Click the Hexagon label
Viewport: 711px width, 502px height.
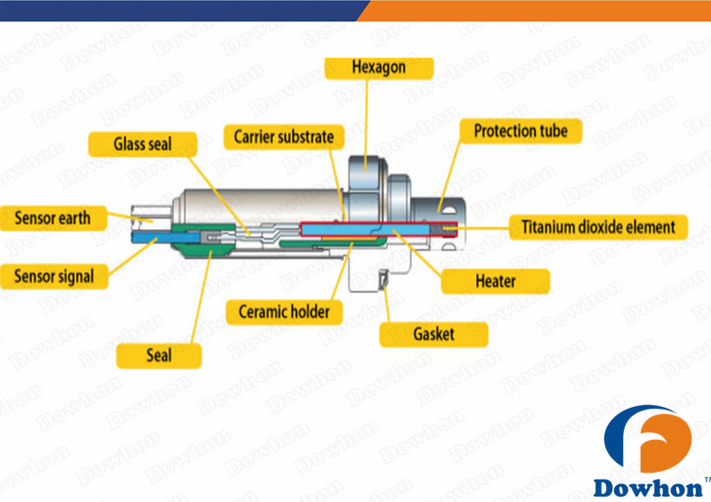[379, 68]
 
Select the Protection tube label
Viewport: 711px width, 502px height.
[520, 132]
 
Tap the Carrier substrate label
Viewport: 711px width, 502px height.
[284, 137]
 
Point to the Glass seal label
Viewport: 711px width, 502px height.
[142, 143]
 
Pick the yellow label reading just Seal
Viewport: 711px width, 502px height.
[159, 356]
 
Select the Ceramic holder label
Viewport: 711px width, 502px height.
[284, 312]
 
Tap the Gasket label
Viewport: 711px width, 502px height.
[434, 334]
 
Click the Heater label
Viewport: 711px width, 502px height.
[495, 282]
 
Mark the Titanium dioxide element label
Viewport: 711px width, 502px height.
[599, 227]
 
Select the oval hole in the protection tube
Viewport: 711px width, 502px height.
[442, 205]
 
